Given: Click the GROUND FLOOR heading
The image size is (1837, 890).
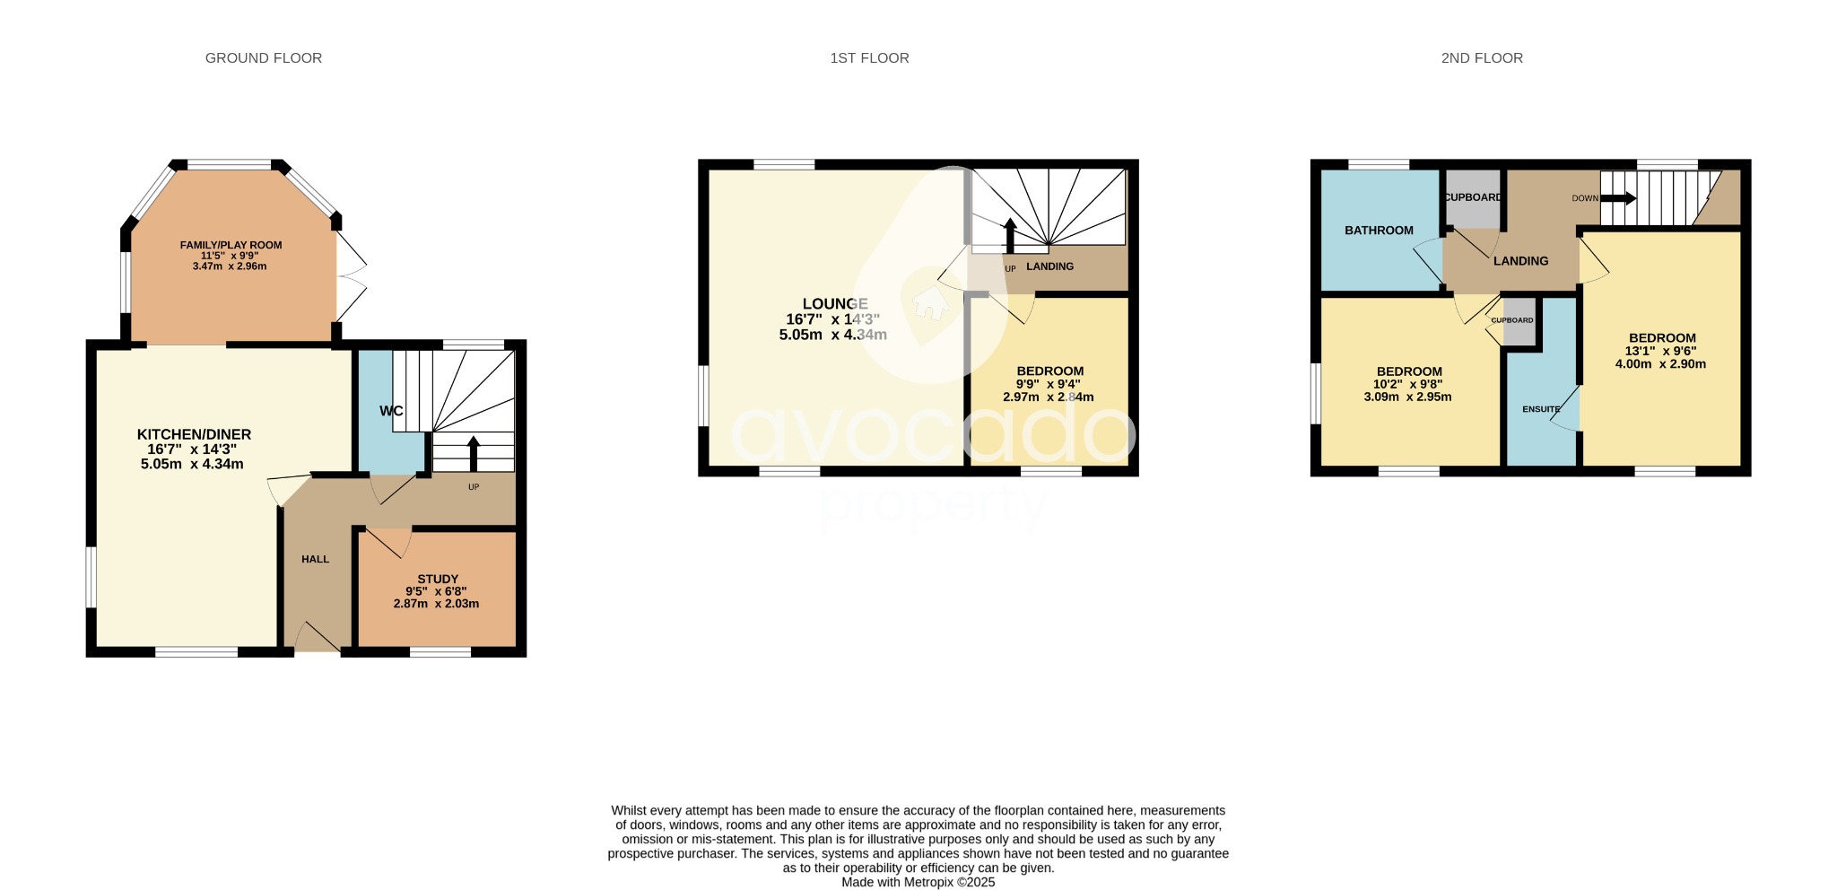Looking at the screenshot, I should tap(263, 58).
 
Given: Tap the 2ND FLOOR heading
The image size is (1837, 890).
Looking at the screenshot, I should tap(1481, 58).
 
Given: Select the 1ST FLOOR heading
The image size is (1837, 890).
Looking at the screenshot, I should tap(868, 58).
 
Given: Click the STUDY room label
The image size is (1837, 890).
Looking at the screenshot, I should tap(438, 579).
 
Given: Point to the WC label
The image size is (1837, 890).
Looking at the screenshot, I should tap(391, 411).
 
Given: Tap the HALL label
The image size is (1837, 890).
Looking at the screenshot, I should tap(315, 559).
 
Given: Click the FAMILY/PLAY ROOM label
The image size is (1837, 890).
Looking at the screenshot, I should tap(231, 245).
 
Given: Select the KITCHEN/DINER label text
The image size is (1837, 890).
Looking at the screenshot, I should tap(194, 434).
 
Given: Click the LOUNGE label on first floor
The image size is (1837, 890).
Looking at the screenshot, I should tap(834, 304).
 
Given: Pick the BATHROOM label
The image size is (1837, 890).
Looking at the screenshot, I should tap(1379, 231).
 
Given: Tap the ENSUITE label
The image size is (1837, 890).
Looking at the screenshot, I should tap(1540, 409).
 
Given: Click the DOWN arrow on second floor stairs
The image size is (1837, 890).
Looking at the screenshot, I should tap(1618, 197).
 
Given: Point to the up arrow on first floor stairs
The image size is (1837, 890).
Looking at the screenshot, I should tap(1010, 235).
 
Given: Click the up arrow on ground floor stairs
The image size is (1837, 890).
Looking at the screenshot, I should tap(474, 452).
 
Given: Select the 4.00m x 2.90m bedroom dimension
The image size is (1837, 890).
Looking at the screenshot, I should tap(1660, 364).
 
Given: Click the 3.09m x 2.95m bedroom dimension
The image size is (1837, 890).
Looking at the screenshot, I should tap(1407, 397).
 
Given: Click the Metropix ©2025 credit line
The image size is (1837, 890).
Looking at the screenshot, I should tap(918, 882).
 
